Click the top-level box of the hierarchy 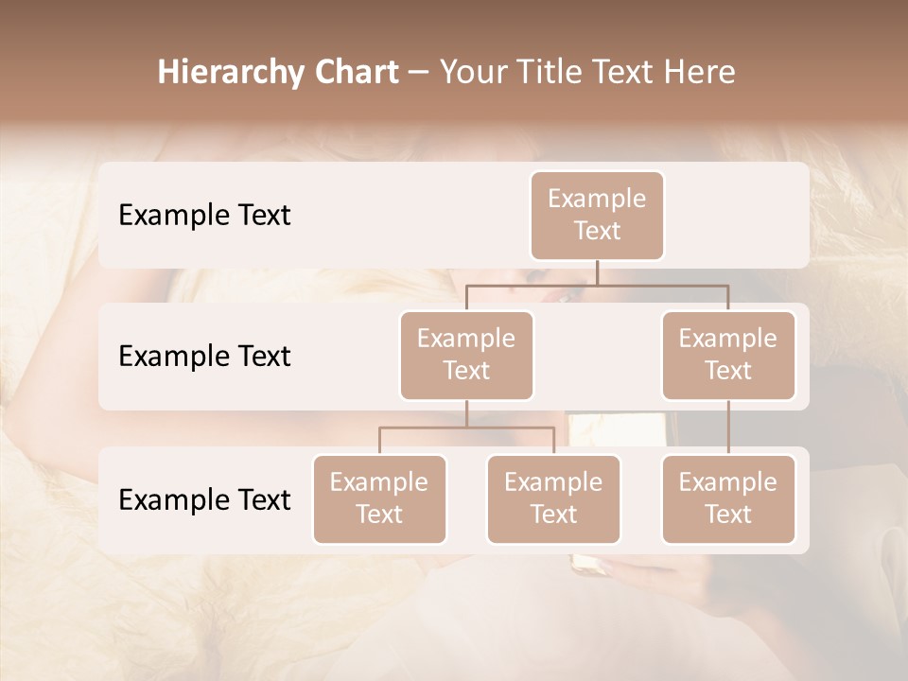coord(597,215)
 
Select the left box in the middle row coord(466,355)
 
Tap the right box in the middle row coord(728,355)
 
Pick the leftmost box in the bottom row coord(379,498)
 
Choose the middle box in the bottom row coord(553,498)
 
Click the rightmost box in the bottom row coord(728,498)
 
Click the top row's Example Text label coord(204,216)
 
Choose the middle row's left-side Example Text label coord(204,357)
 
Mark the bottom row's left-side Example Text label coord(204,500)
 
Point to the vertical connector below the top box coord(597,272)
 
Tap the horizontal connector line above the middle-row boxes coord(597,285)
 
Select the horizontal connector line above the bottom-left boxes coord(466,428)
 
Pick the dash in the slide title coord(418,73)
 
